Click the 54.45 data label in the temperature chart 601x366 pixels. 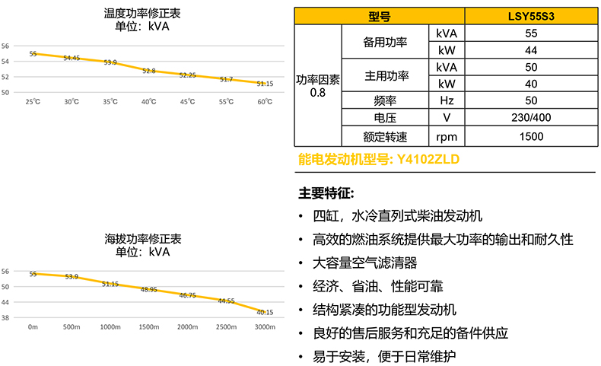[72, 58]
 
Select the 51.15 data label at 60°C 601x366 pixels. [265, 84]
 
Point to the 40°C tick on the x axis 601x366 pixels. [149, 102]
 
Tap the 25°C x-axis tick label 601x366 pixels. [33, 102]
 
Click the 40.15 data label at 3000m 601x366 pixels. [265, 312]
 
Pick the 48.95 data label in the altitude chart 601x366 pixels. [148, 290]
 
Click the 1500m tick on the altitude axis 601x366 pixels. [149, 326]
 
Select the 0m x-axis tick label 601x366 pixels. [33, 326]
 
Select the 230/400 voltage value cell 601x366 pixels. [531, 118]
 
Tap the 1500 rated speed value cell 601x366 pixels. [531, 137]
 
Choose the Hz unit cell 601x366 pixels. [447, 100]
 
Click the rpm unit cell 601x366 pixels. [447, 137]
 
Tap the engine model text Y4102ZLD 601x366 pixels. [429, 160]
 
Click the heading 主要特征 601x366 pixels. [326, 193]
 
